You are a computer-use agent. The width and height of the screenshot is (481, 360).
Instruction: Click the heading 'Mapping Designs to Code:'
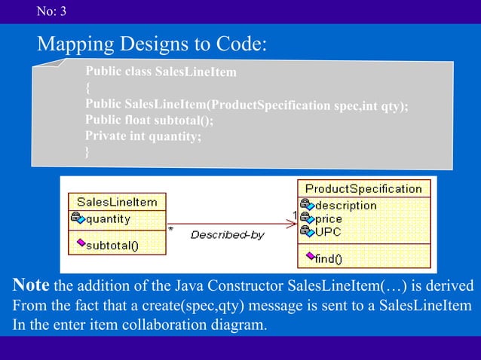tap(152, 44)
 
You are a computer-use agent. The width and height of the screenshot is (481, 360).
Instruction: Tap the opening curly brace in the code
tap(88, 88)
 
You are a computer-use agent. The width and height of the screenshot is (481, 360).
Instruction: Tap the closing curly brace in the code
tap(88, 151)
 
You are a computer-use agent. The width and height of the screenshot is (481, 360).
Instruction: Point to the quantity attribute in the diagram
tap(108, 219)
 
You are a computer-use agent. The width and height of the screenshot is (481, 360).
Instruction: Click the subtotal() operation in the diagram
tap(112, 244)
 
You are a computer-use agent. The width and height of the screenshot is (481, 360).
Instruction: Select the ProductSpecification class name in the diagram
tap(363, 188)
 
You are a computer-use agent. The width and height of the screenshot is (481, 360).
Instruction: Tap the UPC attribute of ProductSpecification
tap(328, 232)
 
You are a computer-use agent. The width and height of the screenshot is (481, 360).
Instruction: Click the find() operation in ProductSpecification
tap(328, 258)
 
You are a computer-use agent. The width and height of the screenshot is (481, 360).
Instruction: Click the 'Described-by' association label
tap(227, 235)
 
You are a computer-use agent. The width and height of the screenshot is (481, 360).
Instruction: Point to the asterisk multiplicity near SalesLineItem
tap(171, 227)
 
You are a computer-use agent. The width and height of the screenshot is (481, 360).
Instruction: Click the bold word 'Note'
tap(31, 286)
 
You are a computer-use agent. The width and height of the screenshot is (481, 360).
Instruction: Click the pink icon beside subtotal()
tap(78, 243)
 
